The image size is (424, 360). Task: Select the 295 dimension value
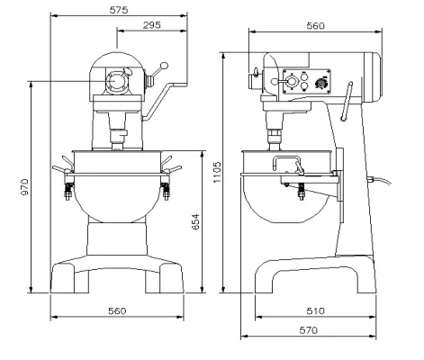151,25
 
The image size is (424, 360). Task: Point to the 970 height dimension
25,186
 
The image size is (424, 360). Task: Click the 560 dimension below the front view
116,310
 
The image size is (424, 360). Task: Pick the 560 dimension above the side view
314,26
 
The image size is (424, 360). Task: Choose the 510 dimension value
315,310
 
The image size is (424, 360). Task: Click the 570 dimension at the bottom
309,329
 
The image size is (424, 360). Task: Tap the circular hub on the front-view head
117,83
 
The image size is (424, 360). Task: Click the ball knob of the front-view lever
165,65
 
